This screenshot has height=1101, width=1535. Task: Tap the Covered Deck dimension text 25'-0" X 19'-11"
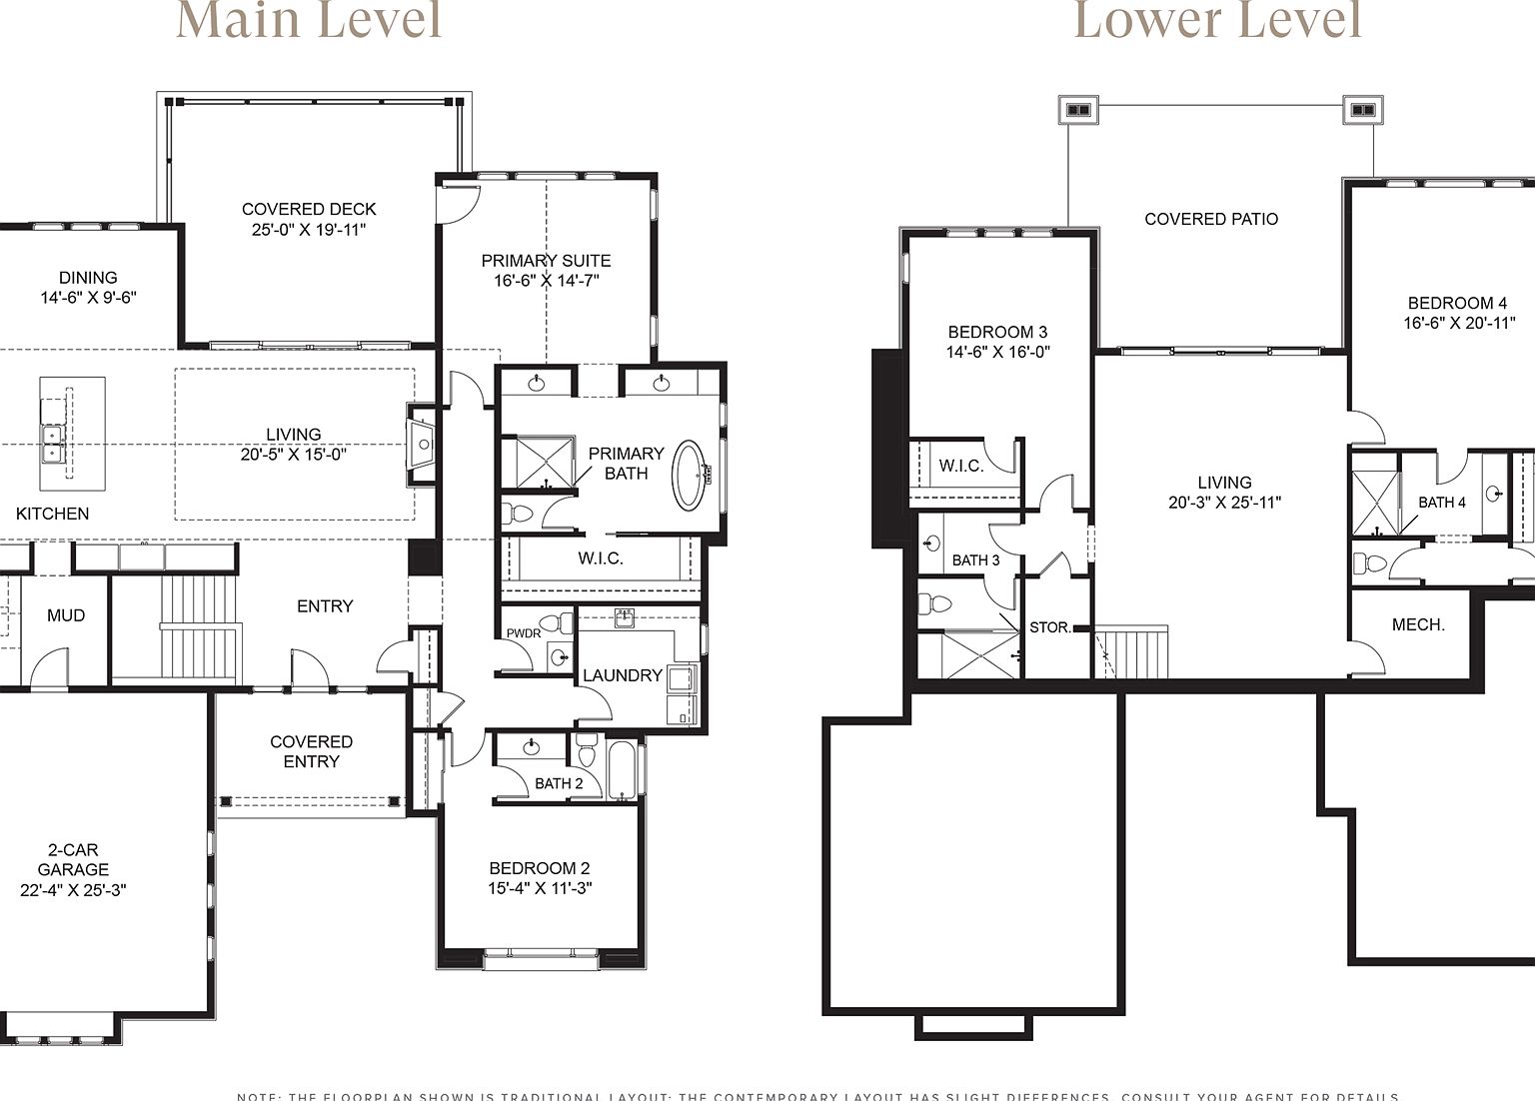(x=309, y=230)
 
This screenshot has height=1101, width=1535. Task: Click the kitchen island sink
(x=52, y=444)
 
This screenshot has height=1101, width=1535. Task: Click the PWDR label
(x=523, y=633)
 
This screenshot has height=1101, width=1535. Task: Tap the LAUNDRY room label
(x=622, y=675)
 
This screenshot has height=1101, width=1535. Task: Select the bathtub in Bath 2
(x=622, y=770)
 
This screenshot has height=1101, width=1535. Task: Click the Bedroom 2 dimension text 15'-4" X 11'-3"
(x=540, y=888)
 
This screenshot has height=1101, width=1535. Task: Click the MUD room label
(x=66, y=615)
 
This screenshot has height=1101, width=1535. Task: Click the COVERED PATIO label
(x=1210, y=219)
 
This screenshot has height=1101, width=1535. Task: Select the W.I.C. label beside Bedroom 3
(x=960, y=466)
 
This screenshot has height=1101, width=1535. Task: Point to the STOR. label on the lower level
(x=1049, y=627)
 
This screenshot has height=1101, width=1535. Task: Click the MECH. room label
(x=1418, y=624)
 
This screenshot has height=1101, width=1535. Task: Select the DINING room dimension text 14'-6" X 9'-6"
(x=88, y=298)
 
